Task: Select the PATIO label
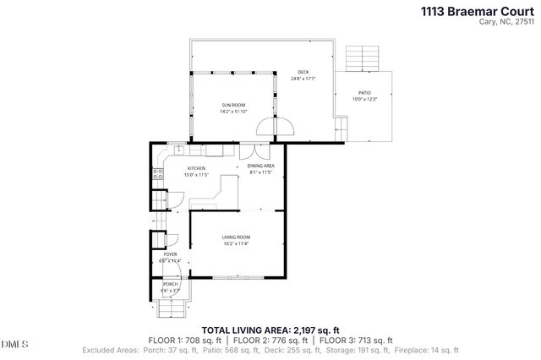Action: tap(363, 94)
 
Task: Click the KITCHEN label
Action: tap(196, 168)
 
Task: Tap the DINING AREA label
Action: tap(260, 166)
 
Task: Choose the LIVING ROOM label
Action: tap(236, 239)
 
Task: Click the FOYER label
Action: tap(170, 254)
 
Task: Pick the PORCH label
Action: tap(170, 284)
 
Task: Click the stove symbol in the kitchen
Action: tap(157, 176)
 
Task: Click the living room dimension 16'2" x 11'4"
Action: tap(236, 246)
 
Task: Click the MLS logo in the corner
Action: tap(14, 344)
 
